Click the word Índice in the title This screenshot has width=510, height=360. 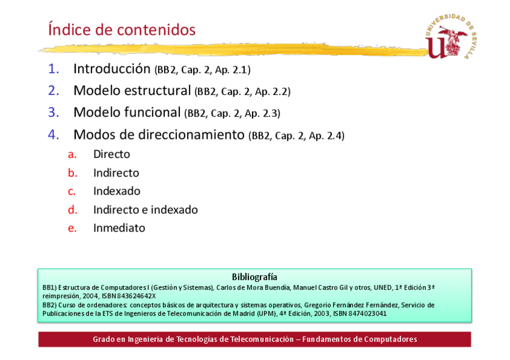click(x=69, y=29)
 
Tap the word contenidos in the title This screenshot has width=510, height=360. click(x=156, y=30)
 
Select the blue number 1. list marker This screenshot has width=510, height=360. click(x=54, y=69)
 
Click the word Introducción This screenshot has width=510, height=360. click(x=112, y=69)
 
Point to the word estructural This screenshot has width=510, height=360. click(x=158, y=90)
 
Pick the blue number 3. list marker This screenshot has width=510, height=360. click(x=54, y=112)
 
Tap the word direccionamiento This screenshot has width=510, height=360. click(x=191, y=135)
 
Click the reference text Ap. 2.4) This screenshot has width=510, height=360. click(x=326, y=135)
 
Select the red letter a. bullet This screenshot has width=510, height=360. click(x=72, y=154)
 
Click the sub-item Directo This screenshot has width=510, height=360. click(x=112, y=154)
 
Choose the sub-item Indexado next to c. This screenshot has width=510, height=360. click(x=117, y=191)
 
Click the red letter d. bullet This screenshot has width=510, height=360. click(x=73, y=210)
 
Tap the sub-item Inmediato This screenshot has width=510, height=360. click(x=119, y=228)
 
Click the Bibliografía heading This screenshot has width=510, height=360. click(x=254, y=277)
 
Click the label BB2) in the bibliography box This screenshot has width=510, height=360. click(x=49, y=305)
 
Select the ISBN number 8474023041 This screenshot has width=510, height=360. click(x=367, y=314)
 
